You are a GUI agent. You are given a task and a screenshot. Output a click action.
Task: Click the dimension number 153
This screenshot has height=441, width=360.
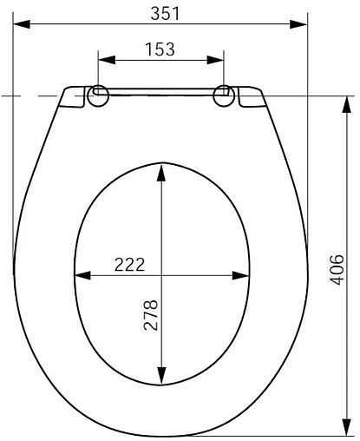coord(160,49)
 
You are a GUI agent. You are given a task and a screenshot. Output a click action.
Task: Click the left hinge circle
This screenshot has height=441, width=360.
coord(98,95)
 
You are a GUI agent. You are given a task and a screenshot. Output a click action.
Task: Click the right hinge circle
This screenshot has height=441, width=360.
coord(225,95)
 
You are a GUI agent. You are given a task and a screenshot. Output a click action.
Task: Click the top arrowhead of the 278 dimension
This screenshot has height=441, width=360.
coord(161,169)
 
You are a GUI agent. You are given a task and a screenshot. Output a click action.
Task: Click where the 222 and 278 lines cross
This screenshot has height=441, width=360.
coord(161,276)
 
